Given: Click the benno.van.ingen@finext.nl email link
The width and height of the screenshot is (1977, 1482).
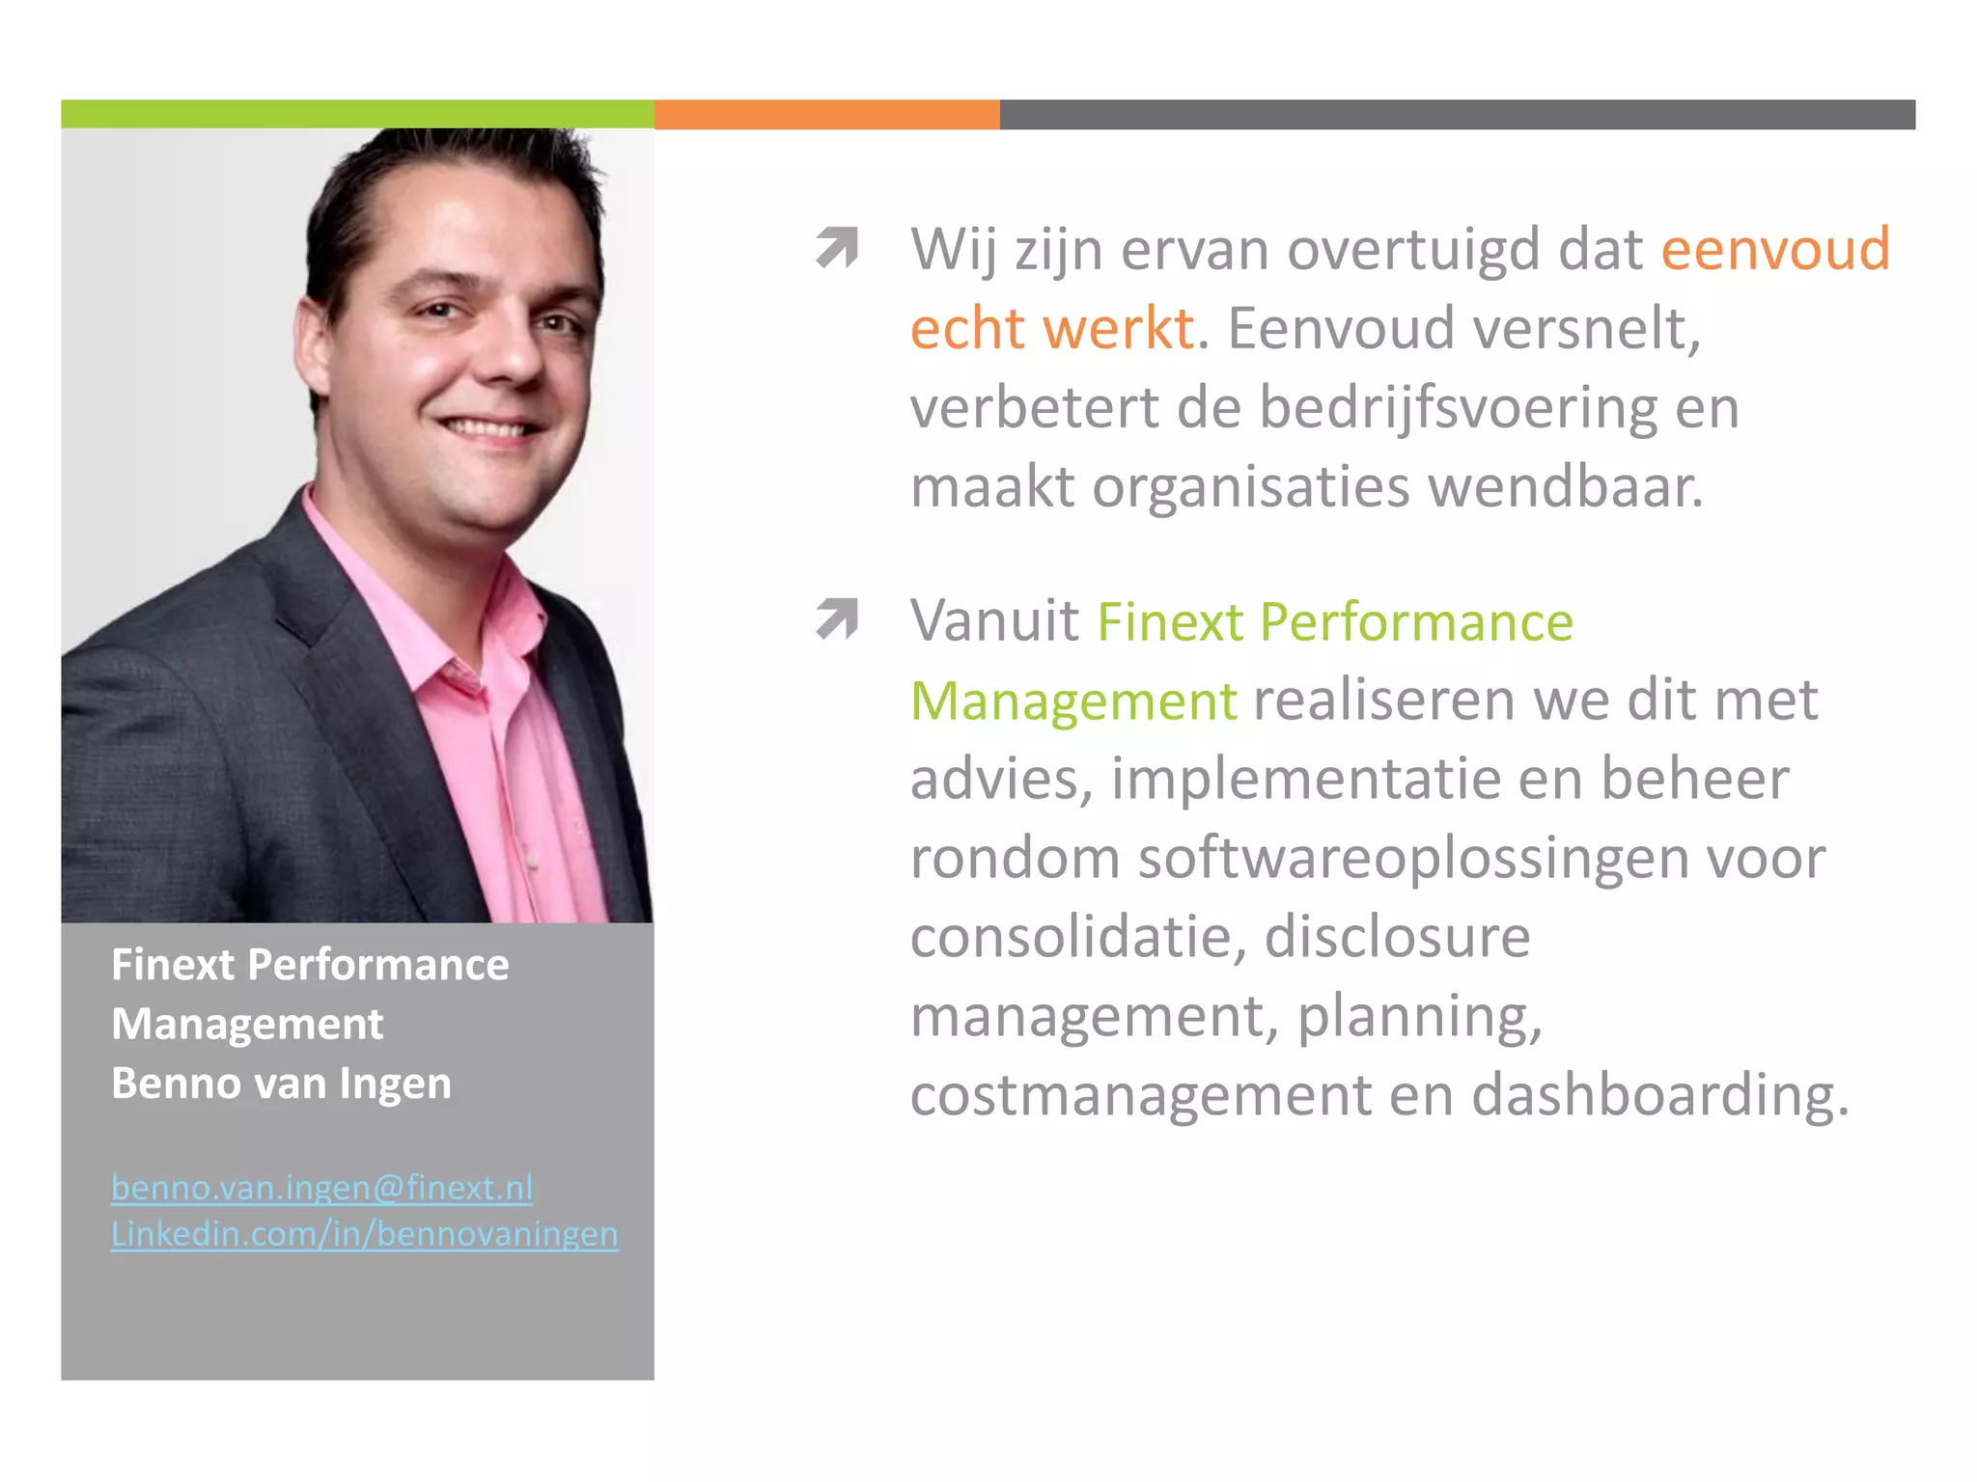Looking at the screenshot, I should (x=321, y=1188).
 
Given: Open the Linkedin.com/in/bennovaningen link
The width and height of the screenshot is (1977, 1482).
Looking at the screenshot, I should (x=364, y=1234).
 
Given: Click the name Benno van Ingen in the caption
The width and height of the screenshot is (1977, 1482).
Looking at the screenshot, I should (x=281, y=1084).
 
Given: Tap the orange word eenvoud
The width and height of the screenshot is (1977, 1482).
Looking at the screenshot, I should (x=1774, y=249).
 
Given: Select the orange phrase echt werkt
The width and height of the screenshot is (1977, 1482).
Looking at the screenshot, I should (x=1052, y=328).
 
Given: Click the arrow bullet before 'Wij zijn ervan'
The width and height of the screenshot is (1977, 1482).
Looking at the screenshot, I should (x=836, y=247).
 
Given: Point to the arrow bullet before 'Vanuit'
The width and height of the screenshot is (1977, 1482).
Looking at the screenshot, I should (x=836, y=618).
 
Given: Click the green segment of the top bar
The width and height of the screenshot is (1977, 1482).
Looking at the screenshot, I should (x=357, y=114).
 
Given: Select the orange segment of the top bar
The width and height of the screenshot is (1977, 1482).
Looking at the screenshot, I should (x=826, y=114).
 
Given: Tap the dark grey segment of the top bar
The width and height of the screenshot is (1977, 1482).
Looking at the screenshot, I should (x=1457, y=114).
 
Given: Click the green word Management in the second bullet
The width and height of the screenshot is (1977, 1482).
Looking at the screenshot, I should (x=1073, y=700).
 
